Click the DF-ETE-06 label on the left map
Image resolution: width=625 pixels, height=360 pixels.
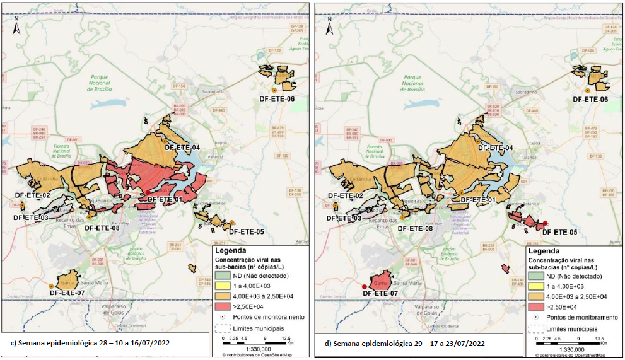[x=277, y=98]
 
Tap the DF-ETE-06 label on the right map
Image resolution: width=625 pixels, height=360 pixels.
[x=590, y=99]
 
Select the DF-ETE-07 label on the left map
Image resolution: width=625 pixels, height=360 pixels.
[x=67, y=293]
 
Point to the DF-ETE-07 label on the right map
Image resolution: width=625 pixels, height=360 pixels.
[x=381, y=293]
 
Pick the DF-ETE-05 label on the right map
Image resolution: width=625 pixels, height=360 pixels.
[x=559, y=231]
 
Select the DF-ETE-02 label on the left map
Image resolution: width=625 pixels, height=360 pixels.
[x=32, y=195]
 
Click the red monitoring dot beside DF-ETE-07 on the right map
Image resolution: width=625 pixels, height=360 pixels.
[x=364, y=287]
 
